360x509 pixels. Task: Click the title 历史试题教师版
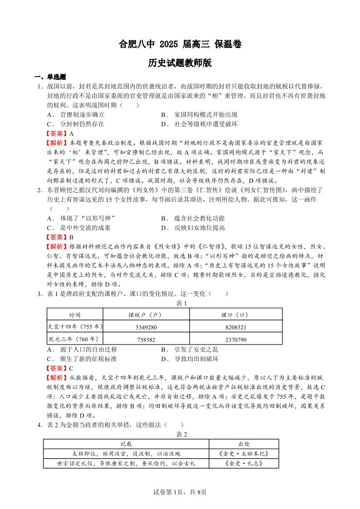coord(180,63)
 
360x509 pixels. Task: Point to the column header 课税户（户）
coord(146,315)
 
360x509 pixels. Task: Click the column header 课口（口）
coord(236,315)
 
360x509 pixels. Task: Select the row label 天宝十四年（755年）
coord(75,327)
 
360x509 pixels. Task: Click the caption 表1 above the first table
coord(181,303)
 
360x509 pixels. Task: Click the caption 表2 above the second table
coord(181,434)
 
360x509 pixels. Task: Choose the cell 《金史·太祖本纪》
coord(244,453)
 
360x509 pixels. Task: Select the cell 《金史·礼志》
coord(244,463)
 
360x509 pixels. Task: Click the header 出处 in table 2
coord(244,444)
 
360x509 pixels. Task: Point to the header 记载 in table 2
coord(126,444)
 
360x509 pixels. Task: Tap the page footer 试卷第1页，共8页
coord(180,492)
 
